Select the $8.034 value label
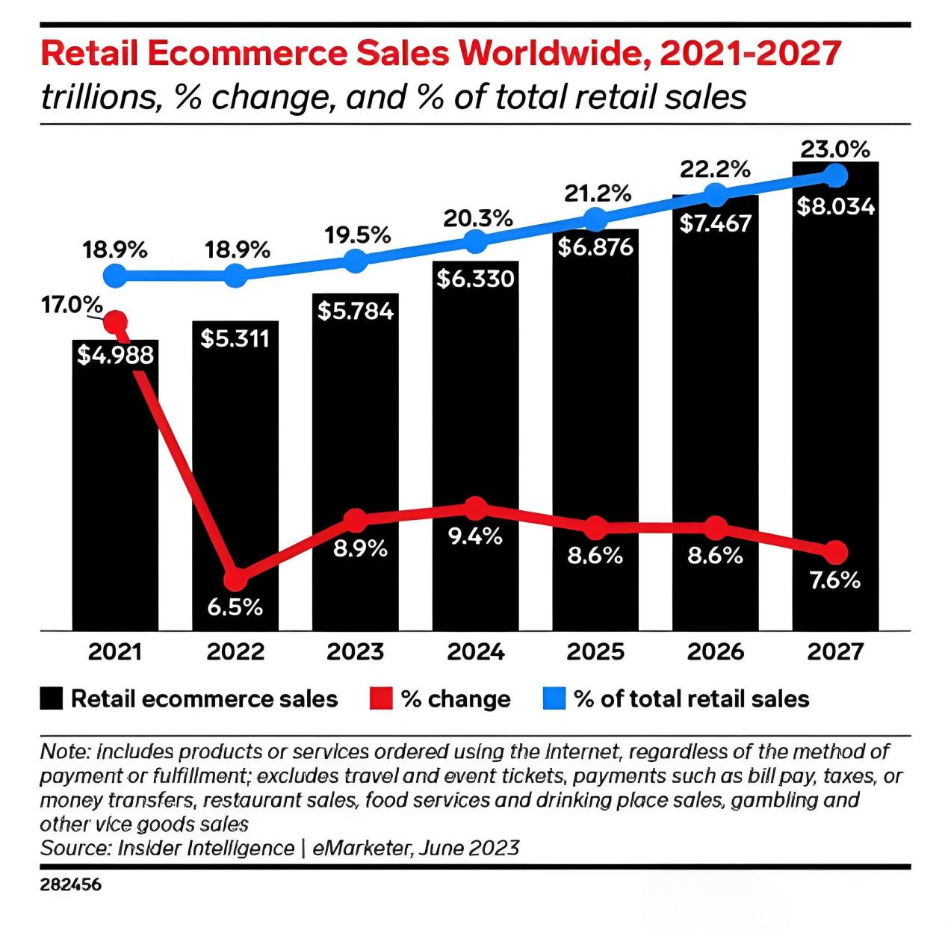click(x=835, y=206)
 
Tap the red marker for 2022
click(x=236, y=578)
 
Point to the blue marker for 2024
click(x=476, y=241)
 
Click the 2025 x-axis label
click(x=595, y=651)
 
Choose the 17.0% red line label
click(x=72, y=305)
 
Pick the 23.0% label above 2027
click(x=835, y=149)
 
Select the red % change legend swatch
click(x=381, y=699)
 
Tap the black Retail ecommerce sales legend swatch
click(x=52, y=699)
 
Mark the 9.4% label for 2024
click(x=476, y=536)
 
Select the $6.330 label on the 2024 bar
click(x=476, y=279)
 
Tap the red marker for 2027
click(x=836, y=553)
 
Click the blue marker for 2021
click(x=115, y=276)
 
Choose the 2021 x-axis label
click(x=115, y=651)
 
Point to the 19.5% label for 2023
click(x=357, y=235)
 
